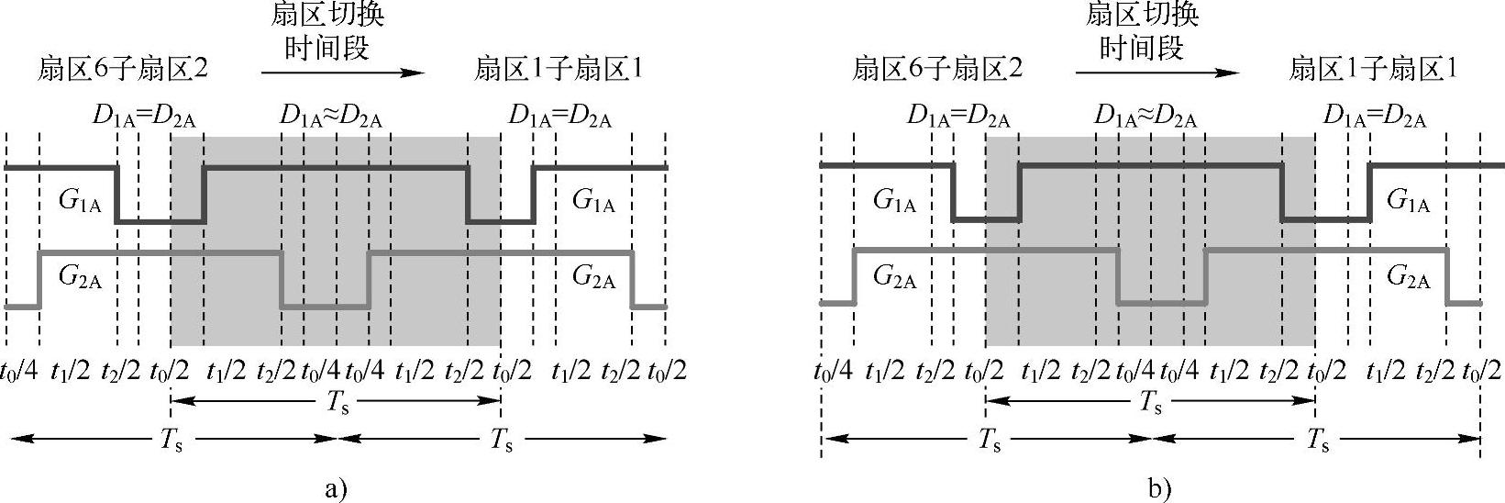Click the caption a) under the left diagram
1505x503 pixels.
point(336,487)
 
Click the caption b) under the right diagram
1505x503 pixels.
point(1159,487)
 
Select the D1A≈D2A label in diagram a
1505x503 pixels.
point(331,117)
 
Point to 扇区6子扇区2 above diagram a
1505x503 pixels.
point(123,69)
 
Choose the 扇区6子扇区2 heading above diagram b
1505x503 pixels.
point(937,69)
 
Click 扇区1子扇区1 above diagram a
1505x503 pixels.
point(559,69)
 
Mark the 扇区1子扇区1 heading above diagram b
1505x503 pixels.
point(1373,69)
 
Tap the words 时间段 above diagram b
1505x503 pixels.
point(1141,47)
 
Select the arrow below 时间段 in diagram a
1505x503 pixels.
point(342,73)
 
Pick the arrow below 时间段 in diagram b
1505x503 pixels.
point(1156,73)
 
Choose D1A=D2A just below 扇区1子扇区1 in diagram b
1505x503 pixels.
point(1375,117)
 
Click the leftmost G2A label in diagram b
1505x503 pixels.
point(894,278)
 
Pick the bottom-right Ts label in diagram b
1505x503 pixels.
point(1318,441)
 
